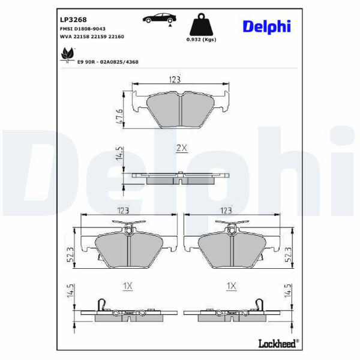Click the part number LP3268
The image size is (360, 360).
coord(73,20)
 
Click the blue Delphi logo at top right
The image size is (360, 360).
coord(267,27)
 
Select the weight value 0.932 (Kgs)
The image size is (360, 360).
coord(201,40)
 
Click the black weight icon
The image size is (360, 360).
coord(201,24)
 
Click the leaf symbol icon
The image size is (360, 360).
coord(67,54)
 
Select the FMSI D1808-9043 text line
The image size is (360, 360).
coord(83,29)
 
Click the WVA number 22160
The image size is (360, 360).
coord(116,37)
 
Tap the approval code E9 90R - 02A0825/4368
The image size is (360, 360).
coord(108,62)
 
